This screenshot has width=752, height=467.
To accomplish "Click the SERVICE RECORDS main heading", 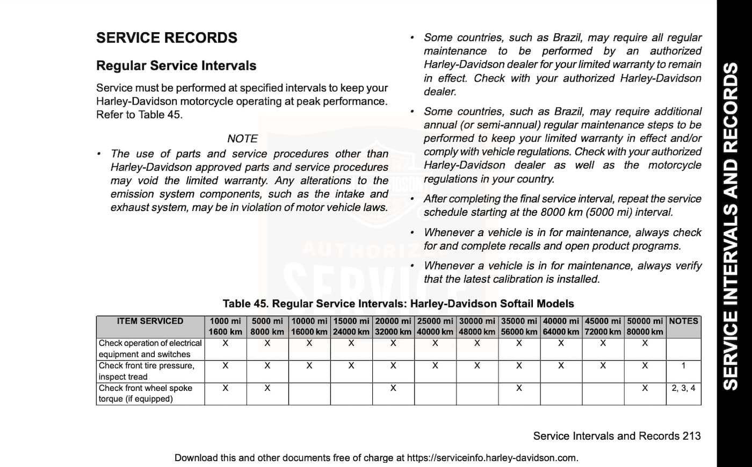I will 167,38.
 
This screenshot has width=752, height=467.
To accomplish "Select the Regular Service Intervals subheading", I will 176,65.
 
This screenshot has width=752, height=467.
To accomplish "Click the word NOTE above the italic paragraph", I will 242,138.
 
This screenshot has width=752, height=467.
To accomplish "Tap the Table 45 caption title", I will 398,304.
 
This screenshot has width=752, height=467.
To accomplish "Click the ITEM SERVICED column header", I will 150,321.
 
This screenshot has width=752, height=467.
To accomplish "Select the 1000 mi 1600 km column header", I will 225,326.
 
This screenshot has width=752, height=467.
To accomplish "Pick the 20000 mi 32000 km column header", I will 393,326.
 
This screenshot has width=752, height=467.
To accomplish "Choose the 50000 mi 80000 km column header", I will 645,326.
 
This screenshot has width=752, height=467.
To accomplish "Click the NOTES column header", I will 683,321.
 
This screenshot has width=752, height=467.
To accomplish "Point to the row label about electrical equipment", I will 150,348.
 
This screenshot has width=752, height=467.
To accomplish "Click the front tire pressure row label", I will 146,371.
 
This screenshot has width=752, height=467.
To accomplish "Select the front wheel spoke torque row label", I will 145,393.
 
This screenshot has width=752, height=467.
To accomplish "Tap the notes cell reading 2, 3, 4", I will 683,388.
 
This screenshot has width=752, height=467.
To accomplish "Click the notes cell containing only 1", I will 683,366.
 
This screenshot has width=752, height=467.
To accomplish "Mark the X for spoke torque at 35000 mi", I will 519,388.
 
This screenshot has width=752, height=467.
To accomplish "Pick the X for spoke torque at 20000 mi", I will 393,388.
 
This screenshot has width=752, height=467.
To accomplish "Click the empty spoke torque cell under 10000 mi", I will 309,393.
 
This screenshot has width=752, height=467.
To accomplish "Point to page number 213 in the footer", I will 691,436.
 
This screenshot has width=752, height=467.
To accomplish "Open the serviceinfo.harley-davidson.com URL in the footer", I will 492,458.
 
